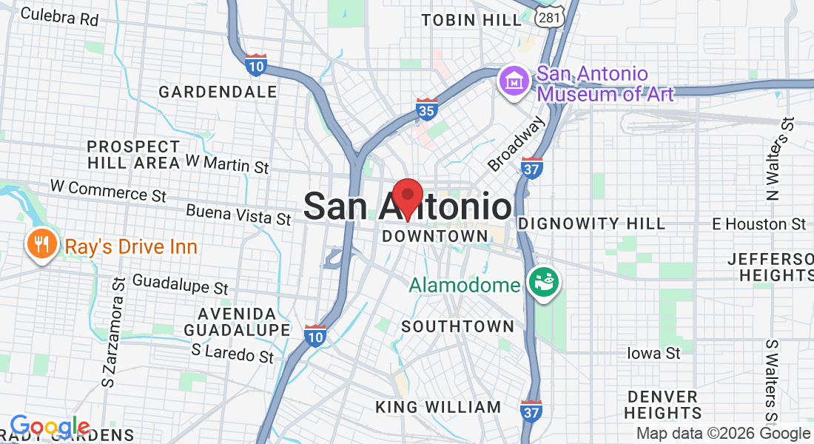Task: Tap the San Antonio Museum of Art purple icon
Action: tap(513, 81)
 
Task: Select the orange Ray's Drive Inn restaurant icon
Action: tap(42, 244)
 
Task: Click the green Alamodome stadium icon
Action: tap(544, 283)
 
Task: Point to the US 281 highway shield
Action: tap(553, 15)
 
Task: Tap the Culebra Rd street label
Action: tap(59, 16)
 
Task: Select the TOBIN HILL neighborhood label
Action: tap(471, 20)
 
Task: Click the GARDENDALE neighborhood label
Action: tap(218, 92)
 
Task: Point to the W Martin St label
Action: tap(226, 163)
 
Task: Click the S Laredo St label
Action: tap(232, 352)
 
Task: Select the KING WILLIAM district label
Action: tap(438, 407)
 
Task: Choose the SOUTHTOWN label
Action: tap(457, 326)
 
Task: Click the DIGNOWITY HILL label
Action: tap(591, 223)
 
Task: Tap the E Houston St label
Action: tap(758, 223)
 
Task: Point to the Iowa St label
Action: tap(653, 353)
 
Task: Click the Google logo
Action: tap(50, 427)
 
